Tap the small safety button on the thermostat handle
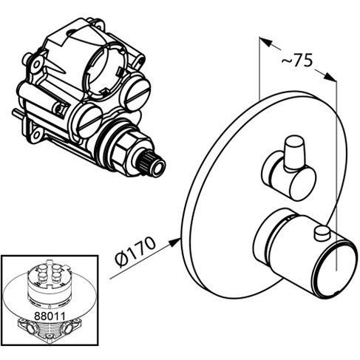coord(320,235)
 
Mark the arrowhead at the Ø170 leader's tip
coord(177,239)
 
